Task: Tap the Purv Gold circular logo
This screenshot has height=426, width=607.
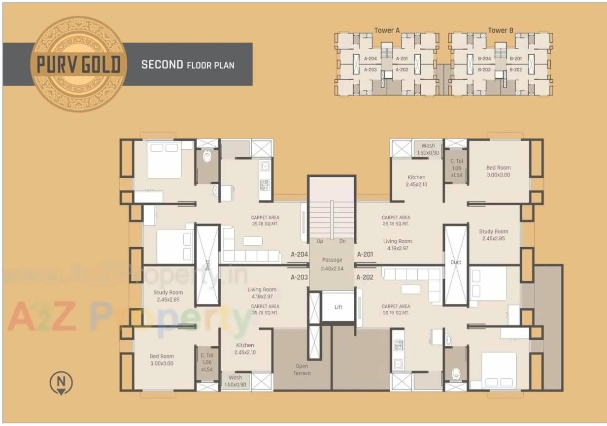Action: point(78,64)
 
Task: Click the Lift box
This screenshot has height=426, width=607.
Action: point(338,307)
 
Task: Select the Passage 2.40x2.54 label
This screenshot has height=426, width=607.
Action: point(332,264)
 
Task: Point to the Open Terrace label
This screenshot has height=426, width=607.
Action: point(302,369)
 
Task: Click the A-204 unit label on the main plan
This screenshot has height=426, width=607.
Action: point(299,255)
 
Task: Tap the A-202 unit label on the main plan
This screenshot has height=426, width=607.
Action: point(365,277)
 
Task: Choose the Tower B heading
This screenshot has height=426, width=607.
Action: point(501,31)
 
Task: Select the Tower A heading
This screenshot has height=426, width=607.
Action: point(387,31)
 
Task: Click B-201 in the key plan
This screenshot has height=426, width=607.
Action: point(516,59)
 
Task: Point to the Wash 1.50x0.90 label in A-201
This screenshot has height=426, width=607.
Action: point(428,149)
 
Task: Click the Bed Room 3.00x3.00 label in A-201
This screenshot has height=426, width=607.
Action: point(498,171)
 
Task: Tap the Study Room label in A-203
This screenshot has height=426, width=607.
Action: point(168,296)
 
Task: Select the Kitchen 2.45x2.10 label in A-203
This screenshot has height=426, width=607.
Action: point(245,349)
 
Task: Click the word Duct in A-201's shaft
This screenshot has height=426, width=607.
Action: point(456,262)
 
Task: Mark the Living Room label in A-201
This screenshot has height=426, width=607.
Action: point(398,245)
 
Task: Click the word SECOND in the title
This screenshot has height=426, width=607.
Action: point(162,65)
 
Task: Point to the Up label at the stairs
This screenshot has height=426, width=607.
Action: point(320,241)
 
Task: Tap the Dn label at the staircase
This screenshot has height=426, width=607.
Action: point(342,241)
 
